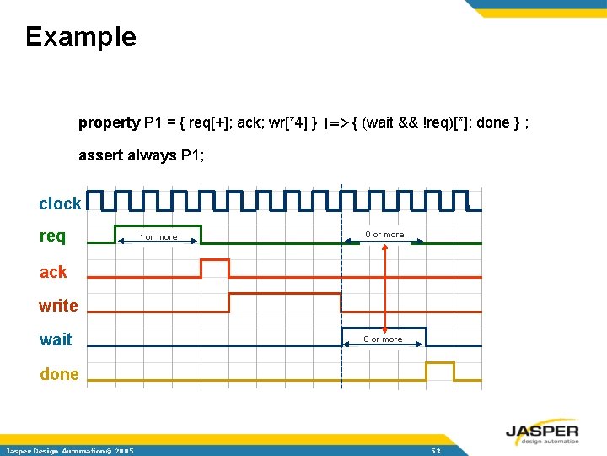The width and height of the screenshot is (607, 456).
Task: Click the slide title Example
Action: pyautogui.click(x=80, y=36)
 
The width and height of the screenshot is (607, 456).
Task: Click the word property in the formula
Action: pyautogui.click(x=109, y=122)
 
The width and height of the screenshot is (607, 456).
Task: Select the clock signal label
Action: pyautogui.click(x=60, y=204)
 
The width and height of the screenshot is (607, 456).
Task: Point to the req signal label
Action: pyautogui.click(x=52, y=236)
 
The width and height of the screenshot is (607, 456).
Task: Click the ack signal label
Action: pyautogui.click(x=53, y=272)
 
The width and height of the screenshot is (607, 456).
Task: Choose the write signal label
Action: pyautogui.click(x=58, y=306)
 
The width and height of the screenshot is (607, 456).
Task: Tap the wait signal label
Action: pyautogui.click(x=56, y=339)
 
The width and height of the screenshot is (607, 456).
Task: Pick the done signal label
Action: pyautogui.click(x=59, y=374)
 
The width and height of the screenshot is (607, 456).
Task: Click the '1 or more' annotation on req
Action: pyautogui.click(x=158, y=237)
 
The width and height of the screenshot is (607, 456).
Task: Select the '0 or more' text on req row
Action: pyautogui.click(x=384, y=235)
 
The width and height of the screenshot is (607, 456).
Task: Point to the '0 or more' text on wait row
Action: pyautogui.click(x=383, y=339)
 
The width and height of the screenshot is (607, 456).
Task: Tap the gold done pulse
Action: pyautogui.click(x=440, y=371)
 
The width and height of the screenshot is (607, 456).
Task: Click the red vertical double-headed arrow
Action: pyautogui.click(x=384, y=287)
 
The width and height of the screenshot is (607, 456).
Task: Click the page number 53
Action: pyautogui.click(x=435, y=451)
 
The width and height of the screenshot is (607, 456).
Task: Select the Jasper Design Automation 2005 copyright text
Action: pyautogui.click(x=69, y=451)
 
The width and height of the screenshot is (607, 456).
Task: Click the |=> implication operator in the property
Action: pyautogui.click(x=336, y=123)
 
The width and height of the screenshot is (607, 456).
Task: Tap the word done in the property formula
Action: pyautogui.click(x=493, y=122)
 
